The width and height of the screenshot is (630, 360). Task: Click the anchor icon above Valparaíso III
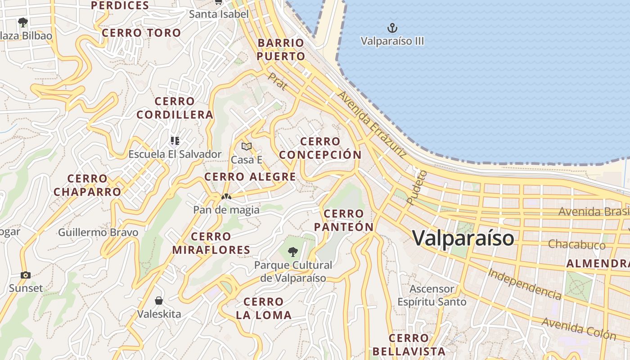coord(392,28)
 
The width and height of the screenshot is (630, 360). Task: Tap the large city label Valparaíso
coord(463,238)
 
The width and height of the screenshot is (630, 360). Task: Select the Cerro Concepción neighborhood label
coord(320,148)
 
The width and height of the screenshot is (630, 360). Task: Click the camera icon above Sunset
coord(26,275)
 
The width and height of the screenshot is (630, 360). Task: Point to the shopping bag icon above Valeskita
coord(159,300)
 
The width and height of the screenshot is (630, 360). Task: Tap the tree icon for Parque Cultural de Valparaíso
coord(293,252)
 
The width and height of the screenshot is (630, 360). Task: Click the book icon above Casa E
coord(246,146)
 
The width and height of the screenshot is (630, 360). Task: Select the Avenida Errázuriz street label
coord(372,124)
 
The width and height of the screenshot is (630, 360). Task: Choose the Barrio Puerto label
coord(281,49)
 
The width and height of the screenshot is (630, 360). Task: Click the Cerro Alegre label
coord(250,176)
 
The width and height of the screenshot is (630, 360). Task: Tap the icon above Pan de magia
coord(226,197)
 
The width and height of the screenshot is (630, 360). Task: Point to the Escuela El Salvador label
coord(175,154)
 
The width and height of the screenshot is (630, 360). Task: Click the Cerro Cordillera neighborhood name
coord(175,108)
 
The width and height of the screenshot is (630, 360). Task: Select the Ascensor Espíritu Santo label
coord(432,295)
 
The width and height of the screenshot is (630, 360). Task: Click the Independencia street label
coord(525,284)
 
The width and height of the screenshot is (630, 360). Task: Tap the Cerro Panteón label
coord(344,220)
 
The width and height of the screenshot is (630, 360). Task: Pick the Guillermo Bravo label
coord(98,233)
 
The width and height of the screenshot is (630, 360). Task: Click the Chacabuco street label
coord(576,245)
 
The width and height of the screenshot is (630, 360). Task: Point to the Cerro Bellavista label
coord(409,344)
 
